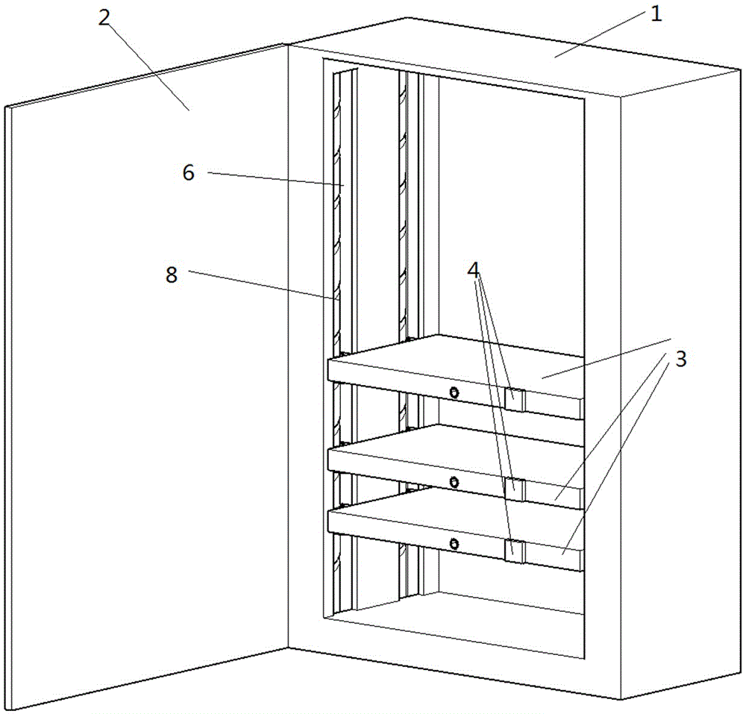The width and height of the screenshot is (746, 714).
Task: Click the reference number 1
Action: (x=656, y=14)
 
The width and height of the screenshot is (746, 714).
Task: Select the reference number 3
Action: (x=680, y=359)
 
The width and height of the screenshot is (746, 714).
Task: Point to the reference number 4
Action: (x=474, y=269)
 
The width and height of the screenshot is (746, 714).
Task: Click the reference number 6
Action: (x=188, y=173)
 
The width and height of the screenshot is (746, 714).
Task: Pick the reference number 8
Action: (x=172, y=275)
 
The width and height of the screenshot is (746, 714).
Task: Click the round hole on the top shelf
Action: (x=454, y=392)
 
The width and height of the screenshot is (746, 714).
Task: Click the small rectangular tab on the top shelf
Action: (x=515, y=399)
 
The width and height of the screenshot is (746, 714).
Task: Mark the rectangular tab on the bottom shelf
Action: (x=515, y=551)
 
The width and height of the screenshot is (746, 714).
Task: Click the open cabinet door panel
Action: (x=142, y=373)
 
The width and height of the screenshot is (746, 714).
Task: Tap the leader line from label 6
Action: (x=276, y=179)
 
